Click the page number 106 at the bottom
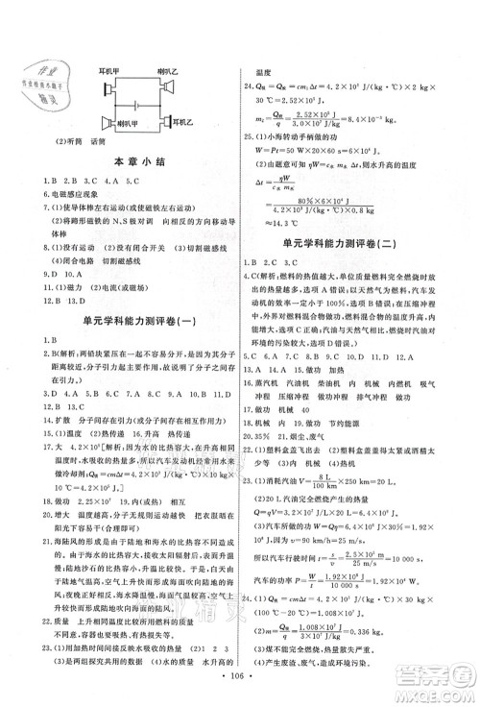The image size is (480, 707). [240, 691]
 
